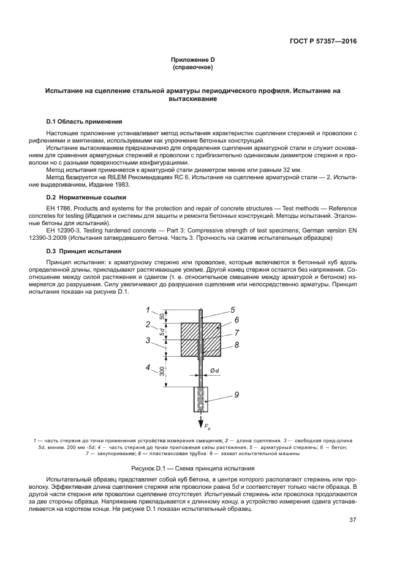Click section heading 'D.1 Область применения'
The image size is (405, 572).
pos(84,121)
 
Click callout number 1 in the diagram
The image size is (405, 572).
pos(148,310)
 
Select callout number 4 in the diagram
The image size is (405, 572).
pos(148,368)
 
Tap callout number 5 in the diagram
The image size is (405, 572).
pos(232,310)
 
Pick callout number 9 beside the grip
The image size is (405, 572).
pos(235,395)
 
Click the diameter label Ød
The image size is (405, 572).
pos(214,370)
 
